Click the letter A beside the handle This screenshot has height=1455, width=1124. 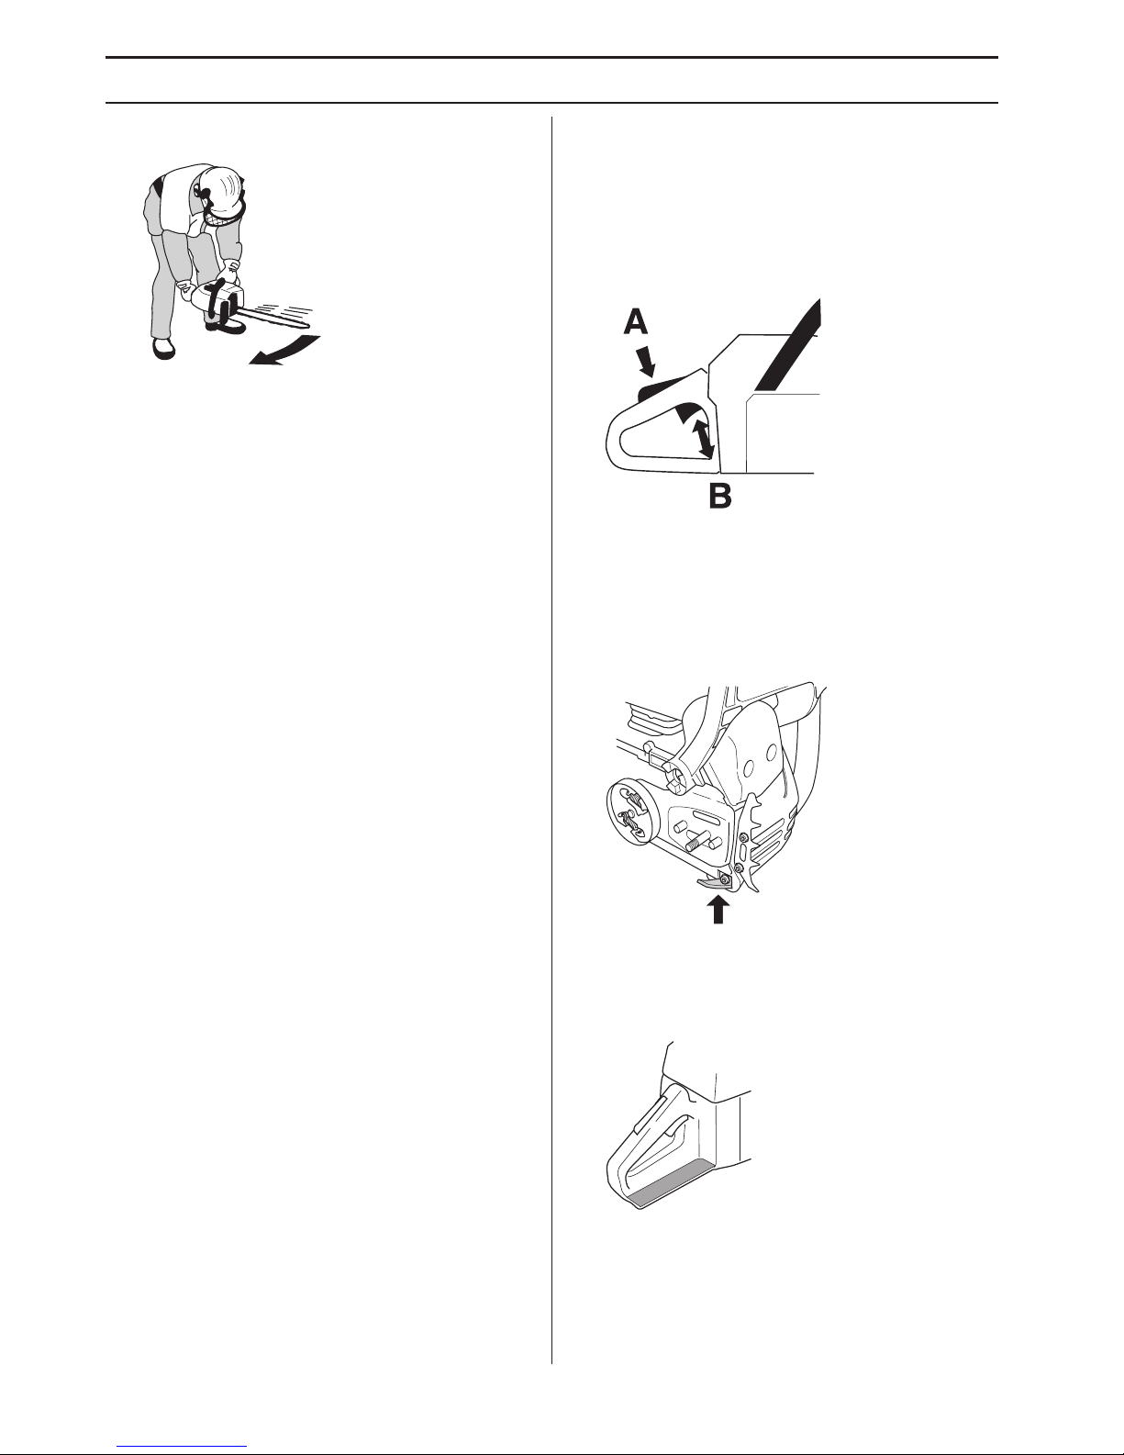point(636,323)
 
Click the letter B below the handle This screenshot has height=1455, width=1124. point(720,497)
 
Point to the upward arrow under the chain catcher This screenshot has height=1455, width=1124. point(718,910)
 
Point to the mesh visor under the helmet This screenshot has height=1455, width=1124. point(221,214)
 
